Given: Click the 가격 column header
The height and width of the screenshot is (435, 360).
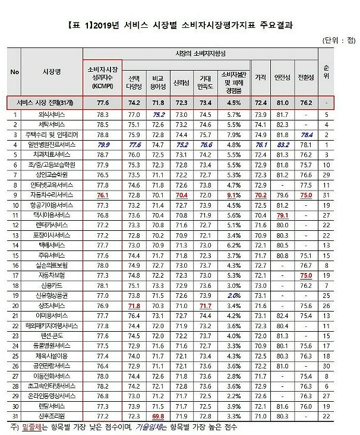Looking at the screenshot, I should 260,77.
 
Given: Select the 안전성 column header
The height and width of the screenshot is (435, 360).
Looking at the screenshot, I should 282,77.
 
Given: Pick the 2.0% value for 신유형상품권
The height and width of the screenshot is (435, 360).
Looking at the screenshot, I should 233,294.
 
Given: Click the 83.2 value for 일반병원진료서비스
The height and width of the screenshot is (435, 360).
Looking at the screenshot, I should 282,144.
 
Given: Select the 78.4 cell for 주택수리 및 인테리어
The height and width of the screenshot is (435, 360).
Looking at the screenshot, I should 307,134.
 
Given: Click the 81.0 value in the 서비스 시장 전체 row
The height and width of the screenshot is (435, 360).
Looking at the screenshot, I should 282,102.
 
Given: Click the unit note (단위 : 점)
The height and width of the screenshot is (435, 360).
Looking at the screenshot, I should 339,40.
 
